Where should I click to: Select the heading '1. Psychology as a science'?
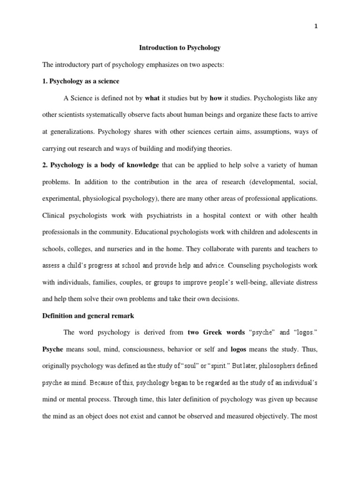click(x=81, y=81)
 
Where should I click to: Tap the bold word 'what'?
click(x=152, y=98)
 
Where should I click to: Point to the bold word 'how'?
click(x=216, y=98)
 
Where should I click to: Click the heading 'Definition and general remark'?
click(x=88, y=316)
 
